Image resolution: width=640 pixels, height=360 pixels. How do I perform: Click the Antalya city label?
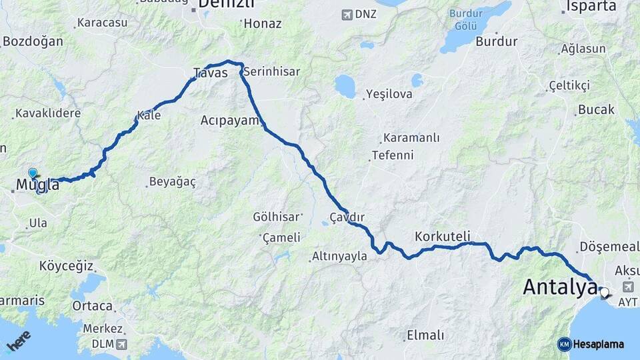pos(559,287)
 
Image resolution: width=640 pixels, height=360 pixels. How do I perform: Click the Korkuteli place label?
pos(442,236)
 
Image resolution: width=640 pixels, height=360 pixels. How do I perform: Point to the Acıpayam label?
pos(229,121)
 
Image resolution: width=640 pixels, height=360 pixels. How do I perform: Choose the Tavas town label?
pos(210,73)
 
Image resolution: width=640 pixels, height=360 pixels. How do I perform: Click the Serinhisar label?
pos(271,71)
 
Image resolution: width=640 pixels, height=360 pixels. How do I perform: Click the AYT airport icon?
pos(627,287)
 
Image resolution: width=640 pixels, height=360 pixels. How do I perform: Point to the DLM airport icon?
pos(121,344)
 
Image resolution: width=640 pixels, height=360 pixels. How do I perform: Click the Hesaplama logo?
pos(591,344)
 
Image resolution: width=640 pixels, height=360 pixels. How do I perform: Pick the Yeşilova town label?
pos(390,95)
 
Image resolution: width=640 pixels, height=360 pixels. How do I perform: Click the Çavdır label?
pos(347,217)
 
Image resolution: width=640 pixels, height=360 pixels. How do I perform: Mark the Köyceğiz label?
pos(66,265)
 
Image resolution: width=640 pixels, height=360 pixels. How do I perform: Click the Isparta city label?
pos(591,7)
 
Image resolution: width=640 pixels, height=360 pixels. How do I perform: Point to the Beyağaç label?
pos(172,181)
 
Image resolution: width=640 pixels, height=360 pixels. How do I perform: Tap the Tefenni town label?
pos(393,155)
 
